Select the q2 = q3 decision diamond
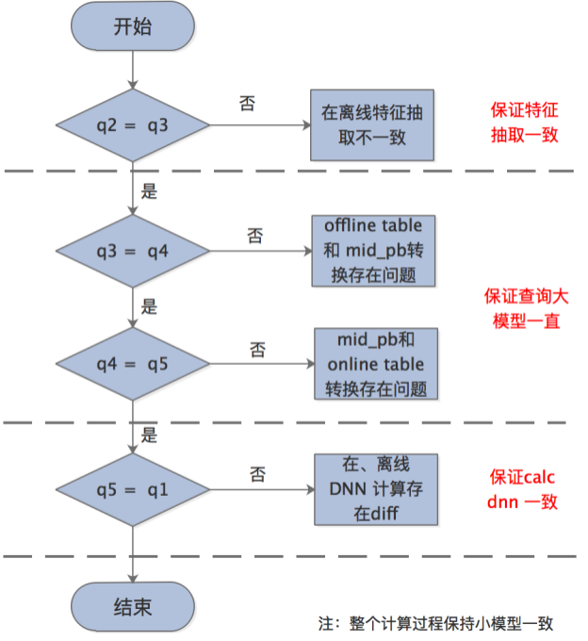tap(133, 125)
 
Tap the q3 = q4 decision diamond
tap(133, 252)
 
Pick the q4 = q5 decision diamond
tap(133, 364)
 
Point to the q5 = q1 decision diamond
tap(133, 489)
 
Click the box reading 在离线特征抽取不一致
tap(373, 125)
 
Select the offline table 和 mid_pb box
tap(373, 251)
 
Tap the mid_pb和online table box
tap(375, 364)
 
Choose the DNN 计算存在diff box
tap(375, 489)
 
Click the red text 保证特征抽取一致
tap(525, 122)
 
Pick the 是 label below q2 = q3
tap(149, 190)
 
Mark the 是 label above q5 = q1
tap(149, 436)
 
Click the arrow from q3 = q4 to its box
tap(260, 252)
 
